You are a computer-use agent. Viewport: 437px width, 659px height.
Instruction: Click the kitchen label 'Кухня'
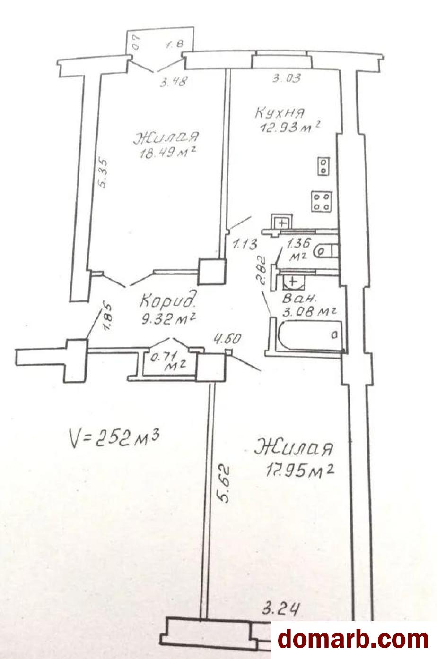pyautogui.click(x=280, y=113)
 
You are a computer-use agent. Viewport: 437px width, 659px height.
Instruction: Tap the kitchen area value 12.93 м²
pyautogui.click(x=290, y=127)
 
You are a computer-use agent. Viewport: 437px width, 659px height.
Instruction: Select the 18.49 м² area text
pyautogui.click(x=168, y=153)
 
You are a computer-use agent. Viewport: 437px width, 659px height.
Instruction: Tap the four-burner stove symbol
pyautogui.click(x=322, y=202)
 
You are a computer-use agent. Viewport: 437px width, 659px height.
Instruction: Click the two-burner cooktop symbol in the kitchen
pyautogui.click(x=323, y=166)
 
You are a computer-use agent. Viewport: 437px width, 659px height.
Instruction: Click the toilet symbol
pyautogui.click(x=326, y=251)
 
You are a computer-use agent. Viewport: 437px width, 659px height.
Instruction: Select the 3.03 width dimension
pyautogui.click(x=287, y=77)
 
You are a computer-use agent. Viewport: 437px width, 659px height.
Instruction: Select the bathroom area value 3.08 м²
pyautogui.click(x=309, y=312)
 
